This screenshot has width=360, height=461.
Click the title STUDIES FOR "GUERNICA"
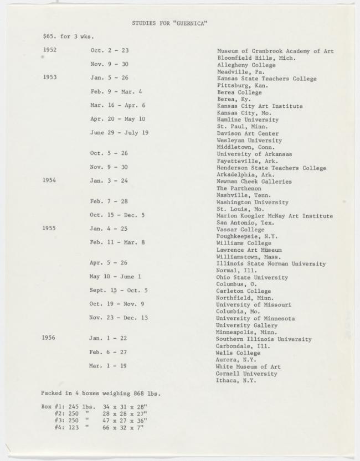169,23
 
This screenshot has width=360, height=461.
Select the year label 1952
50,50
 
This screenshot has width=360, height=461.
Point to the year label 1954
50,181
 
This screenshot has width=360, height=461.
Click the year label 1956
49,338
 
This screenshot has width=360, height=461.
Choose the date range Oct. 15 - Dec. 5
117,215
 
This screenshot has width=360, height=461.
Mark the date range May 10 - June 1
115,277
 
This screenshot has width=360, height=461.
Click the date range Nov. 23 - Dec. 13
119,318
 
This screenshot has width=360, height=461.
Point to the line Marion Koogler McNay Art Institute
275,216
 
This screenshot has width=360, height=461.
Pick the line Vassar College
240,229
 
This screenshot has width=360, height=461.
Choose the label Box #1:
54,407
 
